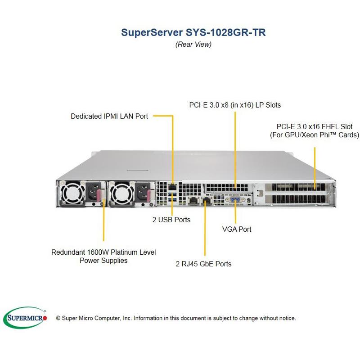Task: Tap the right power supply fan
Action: coord(120,194)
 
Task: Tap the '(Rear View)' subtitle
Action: coord(193,44)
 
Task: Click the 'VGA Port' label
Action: coord(237,229)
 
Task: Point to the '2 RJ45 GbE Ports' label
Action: coord(203,264)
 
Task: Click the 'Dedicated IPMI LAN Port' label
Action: coord(109,116)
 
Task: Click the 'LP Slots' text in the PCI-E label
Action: coord(264,105)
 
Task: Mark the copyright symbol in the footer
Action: coord(58,318)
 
